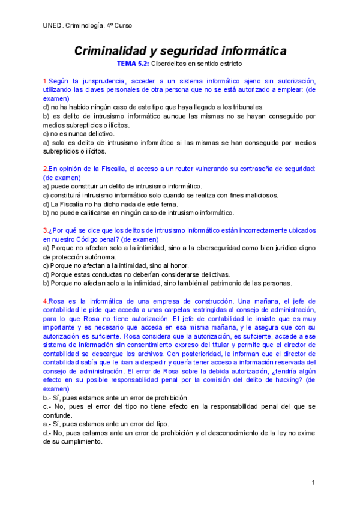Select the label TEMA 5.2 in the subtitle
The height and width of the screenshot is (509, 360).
[x=134, y=64]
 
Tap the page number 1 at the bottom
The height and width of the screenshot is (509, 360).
[x=313, y=483]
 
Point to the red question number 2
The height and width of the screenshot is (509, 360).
[x=45, y=169]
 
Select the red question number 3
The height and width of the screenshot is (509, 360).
[x=45, y=230]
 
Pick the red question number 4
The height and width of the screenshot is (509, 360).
[x=45, y=301]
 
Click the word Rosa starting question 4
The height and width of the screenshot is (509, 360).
[x=56, y=301]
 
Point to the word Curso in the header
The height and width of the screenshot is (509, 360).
[x=123, y=25]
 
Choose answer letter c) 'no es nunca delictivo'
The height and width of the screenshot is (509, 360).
[x=46, y=134]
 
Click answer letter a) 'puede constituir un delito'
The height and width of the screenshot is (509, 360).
[x=46, y=187]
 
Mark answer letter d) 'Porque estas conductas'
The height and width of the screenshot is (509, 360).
[x=46, y=274]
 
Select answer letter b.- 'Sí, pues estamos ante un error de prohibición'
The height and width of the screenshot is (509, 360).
[x=47, y=397]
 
